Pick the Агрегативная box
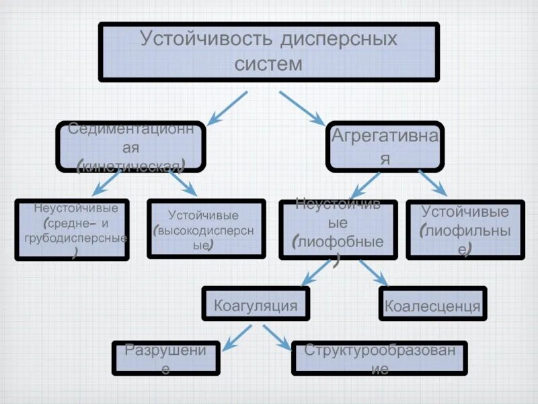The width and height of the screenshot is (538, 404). coord(385,145)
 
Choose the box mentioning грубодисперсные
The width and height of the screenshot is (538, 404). coord(72,230)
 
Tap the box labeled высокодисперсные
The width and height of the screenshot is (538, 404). coord(206,228)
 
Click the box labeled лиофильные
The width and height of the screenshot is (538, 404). coord(465,230)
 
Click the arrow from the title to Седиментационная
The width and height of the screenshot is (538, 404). coord(227,108)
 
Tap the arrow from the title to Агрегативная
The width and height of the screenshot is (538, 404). coord(301,108)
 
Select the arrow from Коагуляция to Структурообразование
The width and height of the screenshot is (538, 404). coord(276,337)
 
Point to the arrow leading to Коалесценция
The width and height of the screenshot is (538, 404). coord(374,272)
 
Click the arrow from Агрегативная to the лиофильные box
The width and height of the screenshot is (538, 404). coord(432,182)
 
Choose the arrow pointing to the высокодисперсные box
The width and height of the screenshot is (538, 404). coord(182,182)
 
